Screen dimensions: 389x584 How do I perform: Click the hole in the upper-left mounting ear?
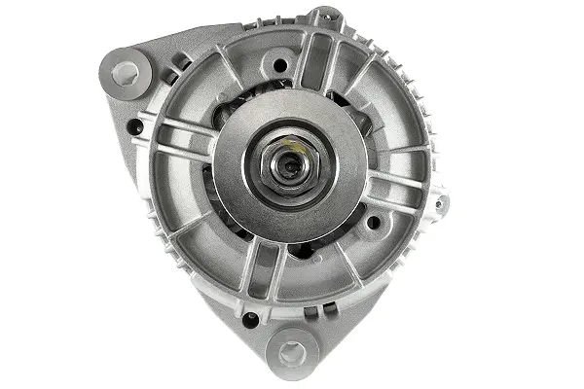click(x=125, y=72)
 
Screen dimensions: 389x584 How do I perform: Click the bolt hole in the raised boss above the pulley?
click(x=279, y=66)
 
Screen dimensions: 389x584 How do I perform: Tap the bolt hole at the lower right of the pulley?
click(x=373, y=223)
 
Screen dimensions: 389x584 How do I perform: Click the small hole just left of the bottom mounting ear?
click(x=251, y=318)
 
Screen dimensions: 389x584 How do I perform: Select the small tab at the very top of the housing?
click(x=325, y=18)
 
